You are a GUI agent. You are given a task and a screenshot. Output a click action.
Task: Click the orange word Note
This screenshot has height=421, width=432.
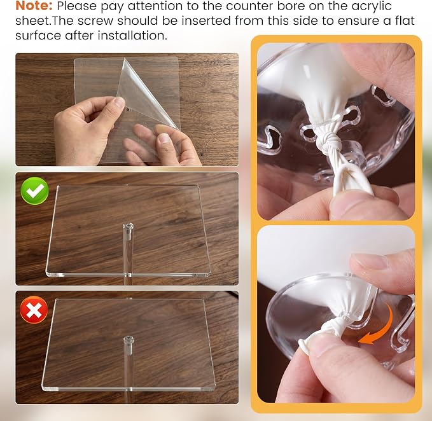click(x=34, y=6)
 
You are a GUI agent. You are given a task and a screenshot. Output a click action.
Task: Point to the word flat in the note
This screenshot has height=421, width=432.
click(x=403, y=20)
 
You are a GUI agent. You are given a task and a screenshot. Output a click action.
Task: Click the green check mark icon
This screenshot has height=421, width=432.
click(x=35, y=191)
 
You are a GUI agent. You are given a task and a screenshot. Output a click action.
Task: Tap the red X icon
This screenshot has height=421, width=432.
click(x=34, y=310)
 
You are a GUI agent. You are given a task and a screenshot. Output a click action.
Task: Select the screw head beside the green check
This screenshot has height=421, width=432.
click(x=128, y=227)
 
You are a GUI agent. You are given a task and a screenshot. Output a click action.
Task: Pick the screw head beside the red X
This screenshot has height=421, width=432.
click(x=128, y=339)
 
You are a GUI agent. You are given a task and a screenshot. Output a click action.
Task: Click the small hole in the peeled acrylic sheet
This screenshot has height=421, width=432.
click(x=128, y=109)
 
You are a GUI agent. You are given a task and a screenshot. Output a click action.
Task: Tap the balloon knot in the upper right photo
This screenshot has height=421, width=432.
click(x=331, y=140)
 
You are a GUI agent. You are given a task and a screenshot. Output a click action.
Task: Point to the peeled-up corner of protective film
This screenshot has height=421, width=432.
click(x=125, y=59)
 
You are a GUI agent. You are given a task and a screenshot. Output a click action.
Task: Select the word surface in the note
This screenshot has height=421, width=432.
click(x=38, y=36)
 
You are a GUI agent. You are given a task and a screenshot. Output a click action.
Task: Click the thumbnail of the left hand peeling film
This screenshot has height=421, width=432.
click(x=119, y=101)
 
